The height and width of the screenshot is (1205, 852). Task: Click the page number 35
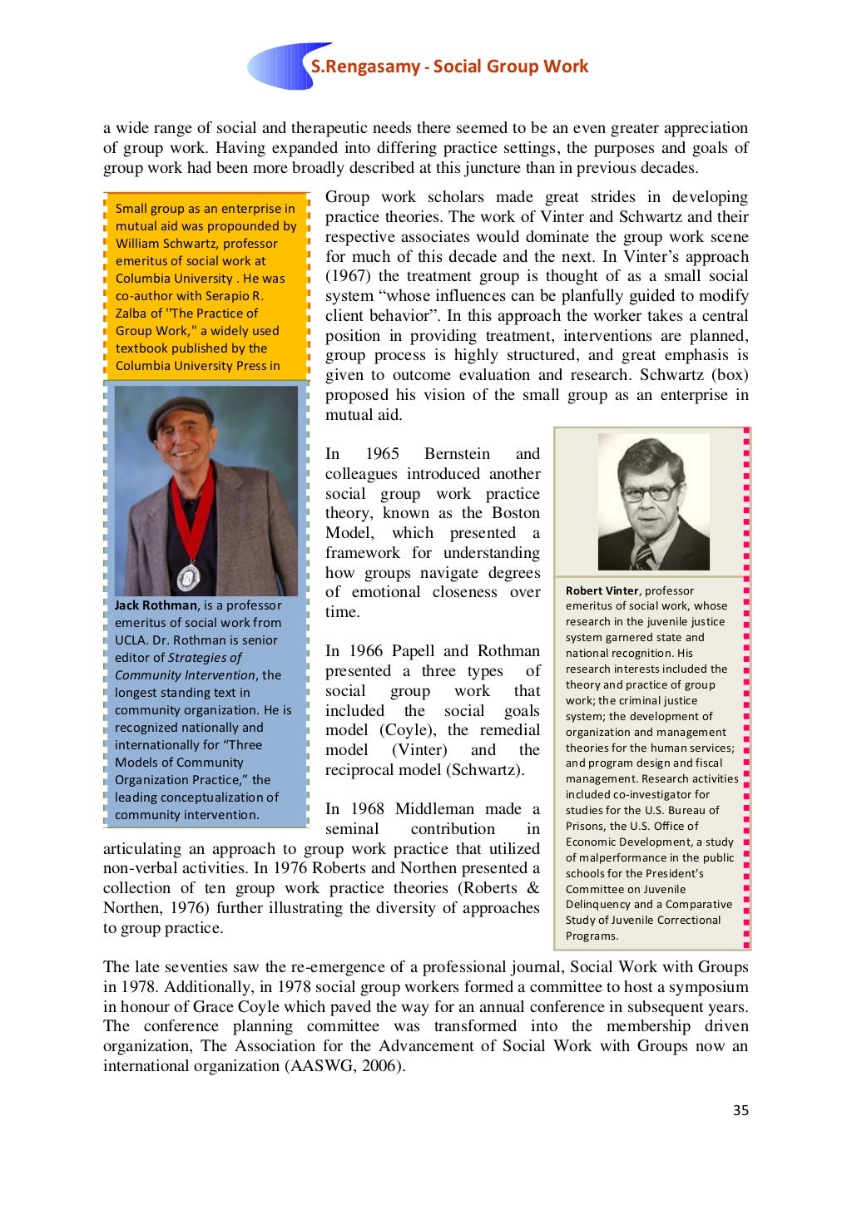coord(741,1110)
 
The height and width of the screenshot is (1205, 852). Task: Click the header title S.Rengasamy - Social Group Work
coord(449,67)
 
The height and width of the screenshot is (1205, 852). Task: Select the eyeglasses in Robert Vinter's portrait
coord(650,492)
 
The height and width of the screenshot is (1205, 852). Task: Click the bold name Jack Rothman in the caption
coord(156,605)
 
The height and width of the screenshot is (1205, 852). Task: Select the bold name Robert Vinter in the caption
coord(602,590)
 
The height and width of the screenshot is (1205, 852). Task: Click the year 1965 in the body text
coord(382,454)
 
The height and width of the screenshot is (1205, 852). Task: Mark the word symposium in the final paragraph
coord(706,987)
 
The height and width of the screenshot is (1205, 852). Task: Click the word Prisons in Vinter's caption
coord(587,826)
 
